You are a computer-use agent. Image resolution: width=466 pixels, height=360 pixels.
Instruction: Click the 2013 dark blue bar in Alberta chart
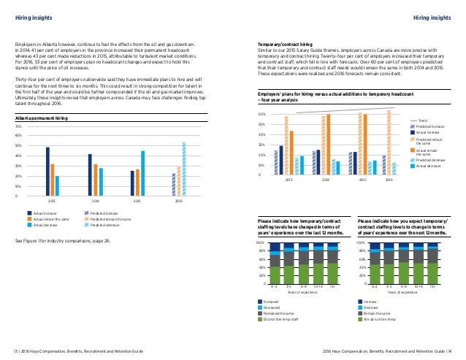point(47,172)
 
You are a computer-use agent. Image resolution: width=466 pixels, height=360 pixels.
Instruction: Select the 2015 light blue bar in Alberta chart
point(142,174)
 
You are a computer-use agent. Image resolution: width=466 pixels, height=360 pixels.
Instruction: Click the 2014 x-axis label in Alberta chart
point(95,201)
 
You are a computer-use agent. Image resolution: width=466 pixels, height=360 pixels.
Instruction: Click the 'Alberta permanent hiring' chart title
point(40,117)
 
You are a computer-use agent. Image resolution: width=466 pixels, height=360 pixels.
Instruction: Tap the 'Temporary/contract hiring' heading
point(291,45)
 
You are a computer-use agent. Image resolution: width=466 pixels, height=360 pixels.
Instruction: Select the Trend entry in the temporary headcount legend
point(421,120)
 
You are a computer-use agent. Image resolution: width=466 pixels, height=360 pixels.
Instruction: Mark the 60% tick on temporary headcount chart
point(261,115)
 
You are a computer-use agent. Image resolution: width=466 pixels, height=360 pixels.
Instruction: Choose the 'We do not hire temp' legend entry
point(381,318)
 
